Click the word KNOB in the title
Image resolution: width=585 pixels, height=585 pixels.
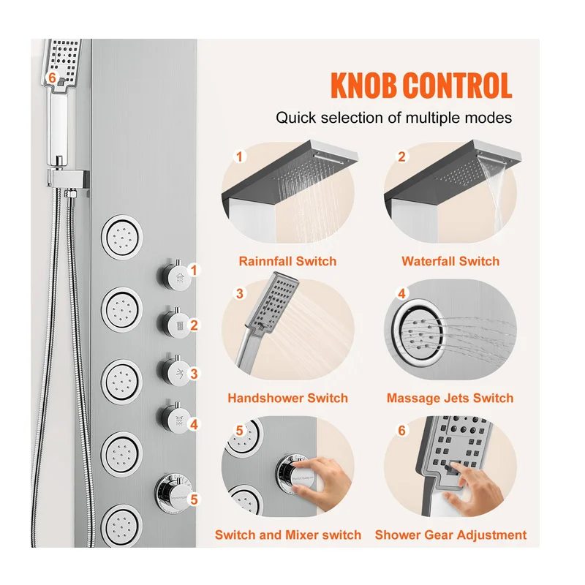(363, 86)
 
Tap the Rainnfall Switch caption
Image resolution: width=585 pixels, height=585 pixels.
(287, 261)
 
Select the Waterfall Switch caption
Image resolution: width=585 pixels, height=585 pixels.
(450, 261)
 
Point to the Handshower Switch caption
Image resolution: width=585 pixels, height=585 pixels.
(287, 398)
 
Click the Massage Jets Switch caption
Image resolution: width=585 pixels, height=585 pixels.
(450, 398)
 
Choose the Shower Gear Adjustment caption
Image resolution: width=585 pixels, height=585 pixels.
(450, 535)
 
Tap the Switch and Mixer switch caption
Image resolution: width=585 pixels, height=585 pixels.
(288, 535)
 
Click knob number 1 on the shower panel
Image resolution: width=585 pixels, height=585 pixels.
(174, 276)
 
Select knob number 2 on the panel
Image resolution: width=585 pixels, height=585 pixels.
(174, 324)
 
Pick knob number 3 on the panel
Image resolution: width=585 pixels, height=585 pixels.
(174, 371)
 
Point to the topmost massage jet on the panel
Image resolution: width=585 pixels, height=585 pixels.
(121, 237)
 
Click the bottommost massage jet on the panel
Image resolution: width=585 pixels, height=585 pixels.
(121, 526)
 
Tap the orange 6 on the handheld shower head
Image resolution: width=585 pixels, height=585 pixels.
(52, 78)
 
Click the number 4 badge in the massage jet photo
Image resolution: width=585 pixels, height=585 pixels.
(401, 294)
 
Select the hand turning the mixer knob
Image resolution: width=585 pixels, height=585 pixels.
(322, 483)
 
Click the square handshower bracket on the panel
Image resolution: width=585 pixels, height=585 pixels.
(69, 180)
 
